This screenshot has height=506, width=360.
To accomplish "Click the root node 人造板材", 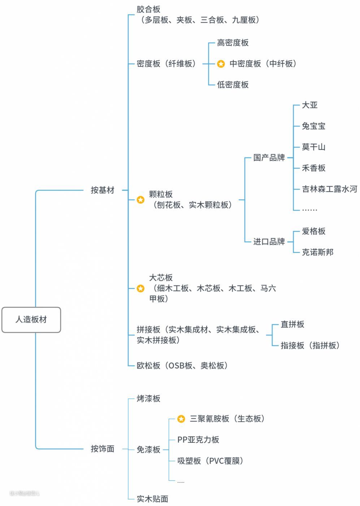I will [31, 320].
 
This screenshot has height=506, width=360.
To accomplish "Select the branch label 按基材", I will [102, 190].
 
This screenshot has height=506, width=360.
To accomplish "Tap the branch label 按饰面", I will [102, 449].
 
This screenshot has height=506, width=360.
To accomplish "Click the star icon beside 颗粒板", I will [140, 200].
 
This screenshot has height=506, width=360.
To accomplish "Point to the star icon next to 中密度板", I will [221, 64].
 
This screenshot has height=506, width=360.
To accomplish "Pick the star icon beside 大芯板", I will [140, 288].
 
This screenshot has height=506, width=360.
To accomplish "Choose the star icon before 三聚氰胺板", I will [181, 419].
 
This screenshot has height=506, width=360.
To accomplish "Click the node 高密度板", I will [233, 43].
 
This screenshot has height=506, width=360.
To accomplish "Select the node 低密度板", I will [233, 85].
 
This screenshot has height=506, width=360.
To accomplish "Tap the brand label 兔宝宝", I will [313, 126].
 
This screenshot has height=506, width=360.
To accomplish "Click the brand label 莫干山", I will [313, 147].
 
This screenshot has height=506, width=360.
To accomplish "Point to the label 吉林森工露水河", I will [329, 189].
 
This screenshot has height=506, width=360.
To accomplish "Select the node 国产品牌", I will [269, 158].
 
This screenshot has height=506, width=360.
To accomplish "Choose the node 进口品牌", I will [269, 241].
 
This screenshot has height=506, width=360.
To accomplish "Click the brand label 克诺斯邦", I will [317, 252].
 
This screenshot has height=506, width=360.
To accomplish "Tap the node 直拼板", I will [292, 325].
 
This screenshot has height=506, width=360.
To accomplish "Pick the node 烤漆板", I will [148, 399].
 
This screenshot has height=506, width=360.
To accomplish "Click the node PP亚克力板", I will [198, 440].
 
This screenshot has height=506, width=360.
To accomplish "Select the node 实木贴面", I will [152, 499].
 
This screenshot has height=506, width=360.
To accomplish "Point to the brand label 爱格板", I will [313, 231].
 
